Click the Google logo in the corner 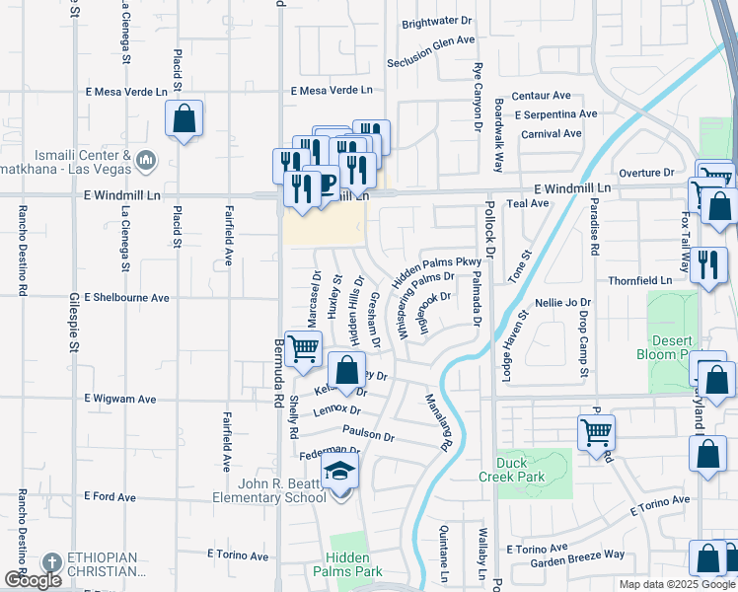[33, 580]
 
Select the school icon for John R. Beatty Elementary [340, 473]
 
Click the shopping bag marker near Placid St [184, 119]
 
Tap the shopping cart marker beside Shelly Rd [304, 346]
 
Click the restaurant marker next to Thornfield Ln [707, 264]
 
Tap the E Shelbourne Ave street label [126, 297]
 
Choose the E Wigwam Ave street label [120, 400]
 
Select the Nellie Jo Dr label [562, 303]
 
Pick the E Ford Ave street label [110, 496]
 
